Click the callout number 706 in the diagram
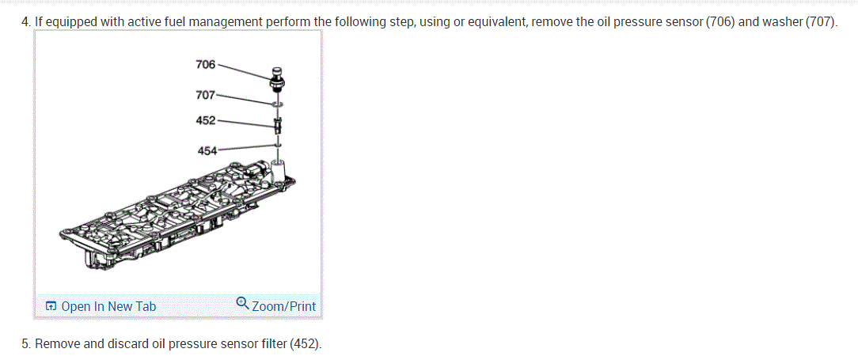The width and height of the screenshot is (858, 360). pyautogui.click(x=205, y=64)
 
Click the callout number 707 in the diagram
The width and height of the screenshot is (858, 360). pyautogui.click(x=204, y=95)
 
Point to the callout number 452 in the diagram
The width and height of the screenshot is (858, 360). pyautogui.click(x=205, y=120)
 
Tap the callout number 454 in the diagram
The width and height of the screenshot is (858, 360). pyautogui.click(x=207, y=150)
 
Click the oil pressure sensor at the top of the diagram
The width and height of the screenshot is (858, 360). pyautogui.click(x=278, y=78)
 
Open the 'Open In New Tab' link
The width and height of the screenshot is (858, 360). pyautogui.click(x=108, y=306)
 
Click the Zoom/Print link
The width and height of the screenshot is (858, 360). pyautogui.click(x=283, y=306)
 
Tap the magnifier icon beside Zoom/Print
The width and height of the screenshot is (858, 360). pyautogui.click(x=243, y=302)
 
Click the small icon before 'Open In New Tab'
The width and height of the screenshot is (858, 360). pyautogui.click(x=51, y=306)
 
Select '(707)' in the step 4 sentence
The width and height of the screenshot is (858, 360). pyautogui.click(x=820, y=21)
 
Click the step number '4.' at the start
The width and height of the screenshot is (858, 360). pyautogui.click(x=26, y=21)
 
